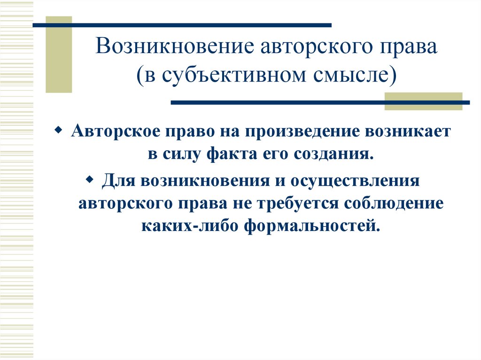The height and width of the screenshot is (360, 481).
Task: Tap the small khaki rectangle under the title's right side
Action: (423, 101)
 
